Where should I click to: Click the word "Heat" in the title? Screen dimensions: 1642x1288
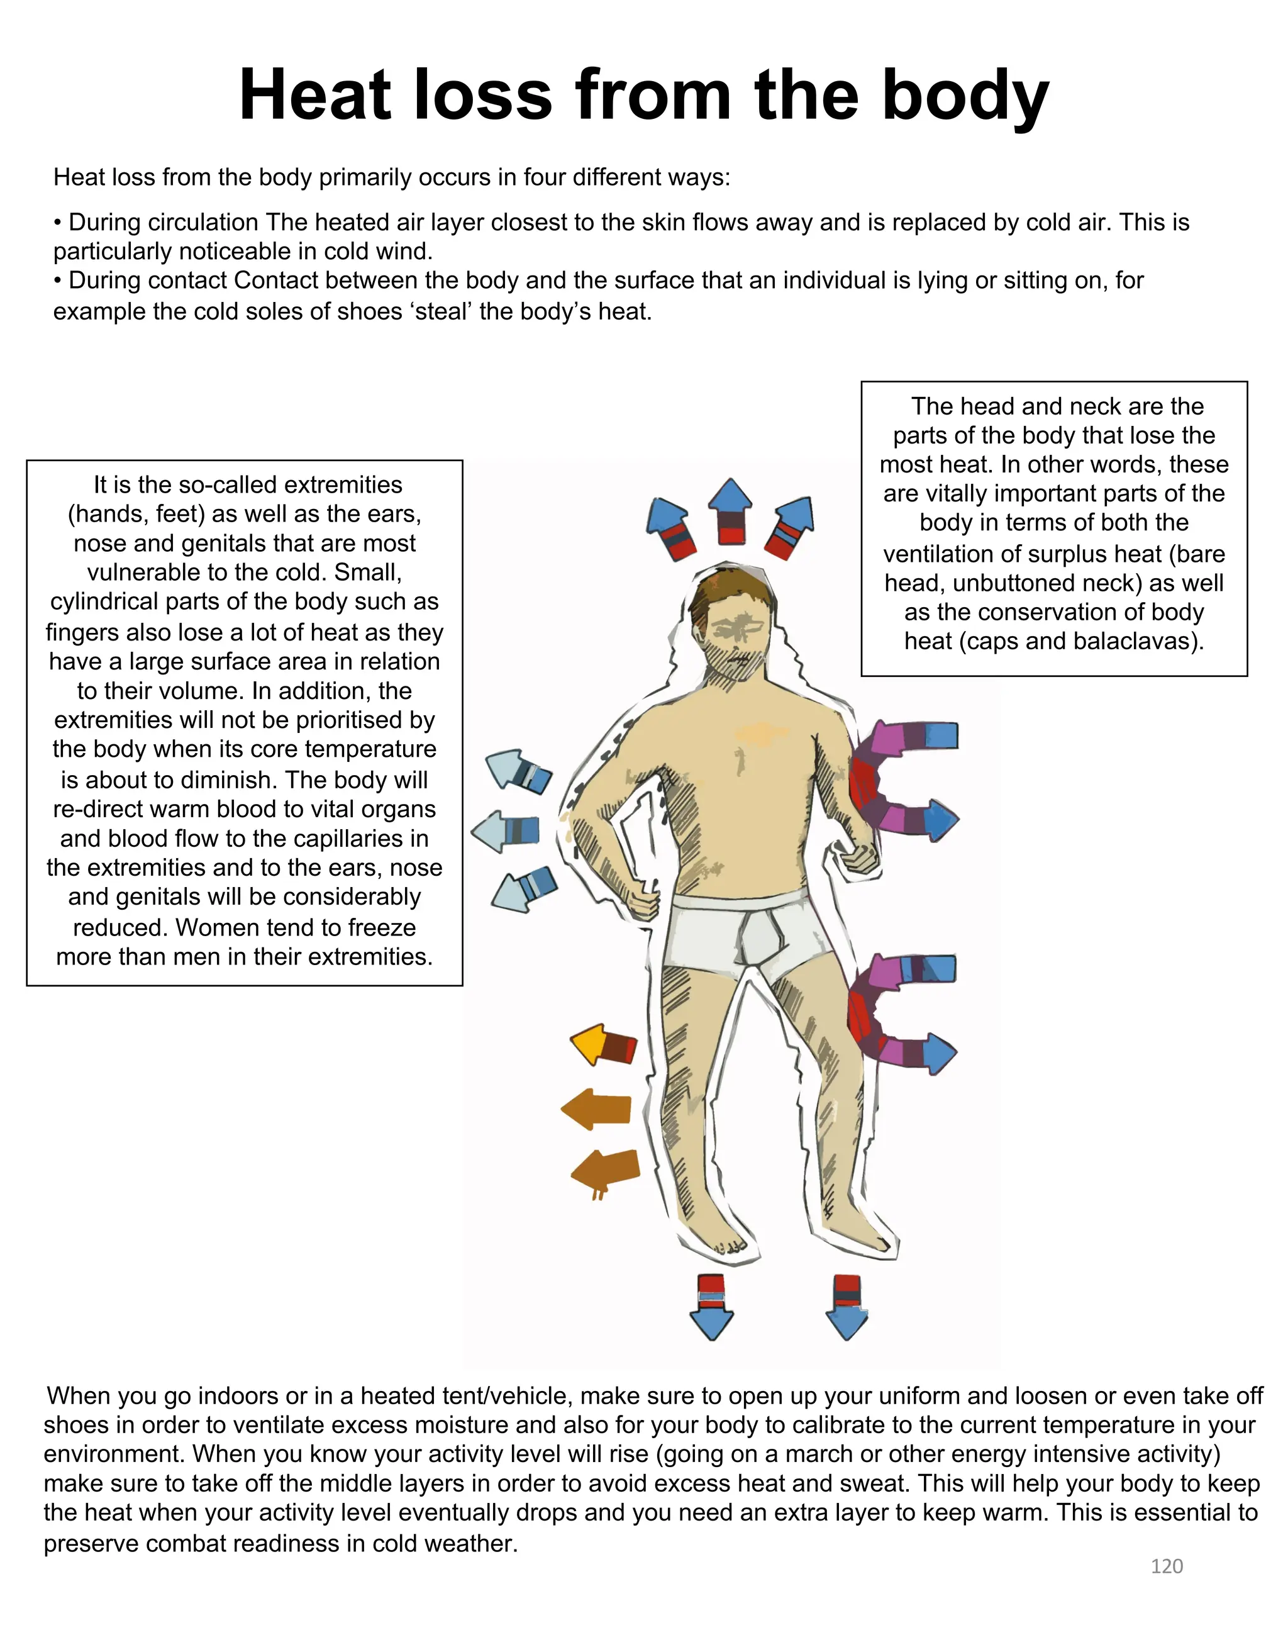tap(315, 96)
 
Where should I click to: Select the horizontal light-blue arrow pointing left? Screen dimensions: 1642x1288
tap(505, 831)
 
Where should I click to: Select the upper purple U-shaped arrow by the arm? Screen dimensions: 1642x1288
tap(897, 777)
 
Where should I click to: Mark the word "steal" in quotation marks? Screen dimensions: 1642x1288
tap(440, 311)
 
